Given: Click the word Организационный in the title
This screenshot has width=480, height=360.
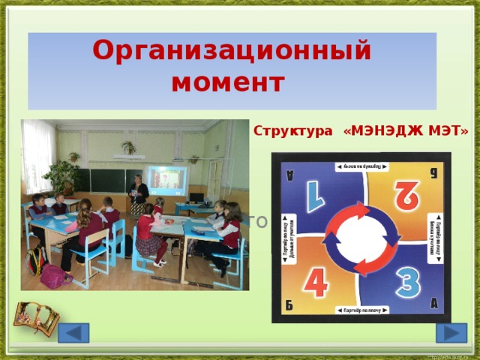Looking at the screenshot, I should tap(232, 51).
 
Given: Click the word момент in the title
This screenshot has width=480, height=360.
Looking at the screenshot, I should tap(228, 82).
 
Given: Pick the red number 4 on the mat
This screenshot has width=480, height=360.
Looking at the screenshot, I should tap(316, 282).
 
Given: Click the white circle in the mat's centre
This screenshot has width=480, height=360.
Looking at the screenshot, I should tap(362, 238).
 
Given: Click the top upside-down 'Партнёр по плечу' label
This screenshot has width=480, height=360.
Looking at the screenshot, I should tap(361, 166).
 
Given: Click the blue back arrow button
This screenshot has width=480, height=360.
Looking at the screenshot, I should tap(73, 333).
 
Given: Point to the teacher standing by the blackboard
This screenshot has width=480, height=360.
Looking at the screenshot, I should tap(138, 196).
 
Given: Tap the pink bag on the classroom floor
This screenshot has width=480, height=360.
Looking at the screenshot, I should tap(55, 277).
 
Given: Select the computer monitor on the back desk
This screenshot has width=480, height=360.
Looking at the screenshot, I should tap(196, 197).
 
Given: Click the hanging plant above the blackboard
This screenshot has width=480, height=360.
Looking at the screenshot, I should tap(129, 147).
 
